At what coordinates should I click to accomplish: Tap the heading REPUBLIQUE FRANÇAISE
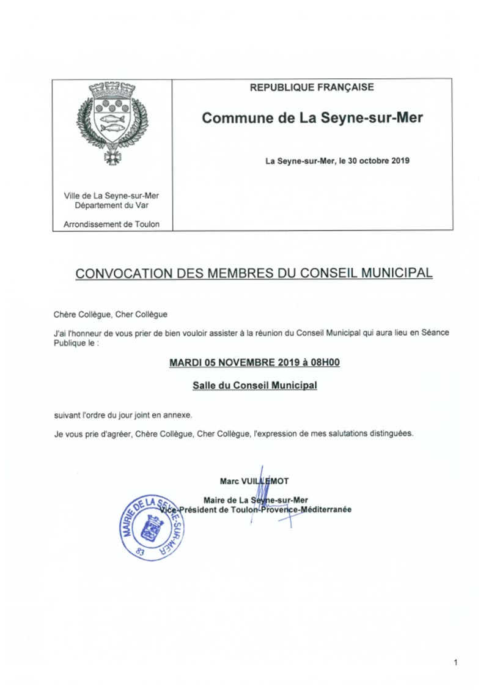pyautogui.click(x=312, y=87)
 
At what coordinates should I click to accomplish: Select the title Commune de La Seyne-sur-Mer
pyautogui.click(x=312, y=118)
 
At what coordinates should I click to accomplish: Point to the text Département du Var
pyautogui.click(x=112, y=205)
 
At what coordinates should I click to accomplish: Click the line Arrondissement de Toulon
pyautogui.click(x=112, y=224)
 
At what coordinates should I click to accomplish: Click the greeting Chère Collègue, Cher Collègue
pyautogui.click(x=110, y=314)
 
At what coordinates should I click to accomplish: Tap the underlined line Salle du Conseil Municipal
pyautogui.click(x=254, y=386)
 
